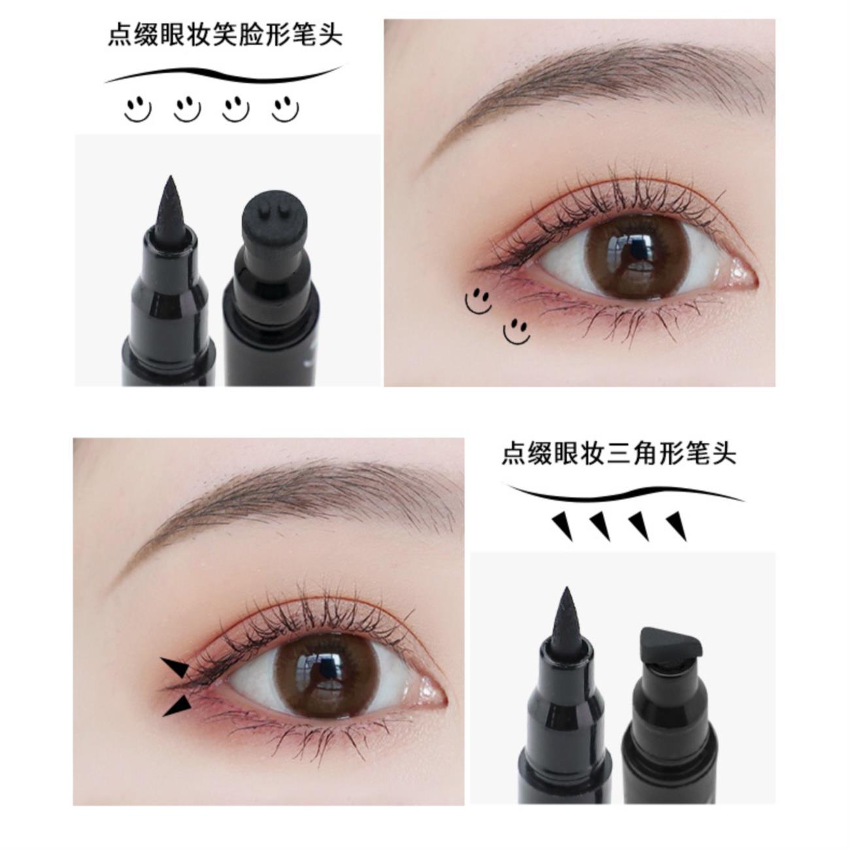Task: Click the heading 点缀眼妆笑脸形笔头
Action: [225, 36]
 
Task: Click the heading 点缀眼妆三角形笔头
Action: [619, 454]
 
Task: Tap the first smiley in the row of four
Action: [137, 109]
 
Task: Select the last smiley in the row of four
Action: [286, 109]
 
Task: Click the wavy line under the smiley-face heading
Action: [224, 75]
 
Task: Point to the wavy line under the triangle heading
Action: [624, 494]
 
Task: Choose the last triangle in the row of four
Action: [677, 526]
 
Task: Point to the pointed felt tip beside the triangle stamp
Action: [566, 620]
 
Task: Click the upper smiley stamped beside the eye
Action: [478, 301]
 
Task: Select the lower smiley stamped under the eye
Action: [517, 331]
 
